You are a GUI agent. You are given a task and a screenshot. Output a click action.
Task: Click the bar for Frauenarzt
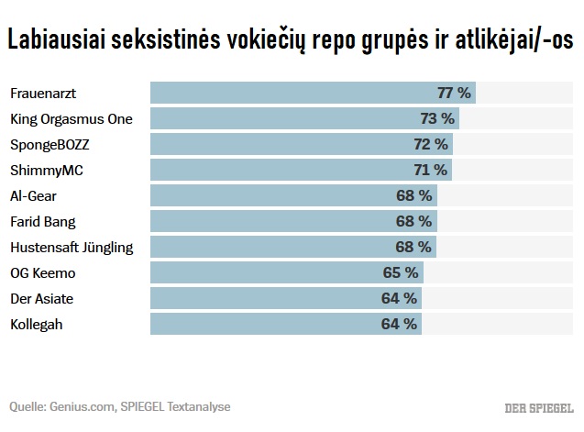(312, 93)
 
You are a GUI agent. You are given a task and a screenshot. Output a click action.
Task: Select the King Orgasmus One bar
(303, 118)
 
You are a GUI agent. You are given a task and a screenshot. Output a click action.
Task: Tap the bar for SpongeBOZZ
(301, 144)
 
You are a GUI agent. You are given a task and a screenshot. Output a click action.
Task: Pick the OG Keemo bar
(286, 272)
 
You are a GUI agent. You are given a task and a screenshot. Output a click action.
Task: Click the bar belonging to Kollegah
(284, 324)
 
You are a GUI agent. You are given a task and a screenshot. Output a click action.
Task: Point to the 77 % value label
(454, 93)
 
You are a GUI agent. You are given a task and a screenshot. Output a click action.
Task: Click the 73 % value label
(437, 118)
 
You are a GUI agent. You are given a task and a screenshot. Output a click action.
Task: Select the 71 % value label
(430, 170)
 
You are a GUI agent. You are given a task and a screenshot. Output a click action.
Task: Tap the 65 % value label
(401, 272)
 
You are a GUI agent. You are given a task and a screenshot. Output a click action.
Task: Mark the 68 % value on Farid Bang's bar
(413, 221)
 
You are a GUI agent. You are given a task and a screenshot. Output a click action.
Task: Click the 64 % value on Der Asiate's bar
(400, 298)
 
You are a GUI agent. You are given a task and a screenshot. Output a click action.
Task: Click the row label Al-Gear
(33, 195)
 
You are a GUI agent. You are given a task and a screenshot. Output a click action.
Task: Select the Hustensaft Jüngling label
(71, 247)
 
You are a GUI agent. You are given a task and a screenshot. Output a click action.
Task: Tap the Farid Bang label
(42, 221)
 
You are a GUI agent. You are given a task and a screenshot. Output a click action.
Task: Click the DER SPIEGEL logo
(539, 407)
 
